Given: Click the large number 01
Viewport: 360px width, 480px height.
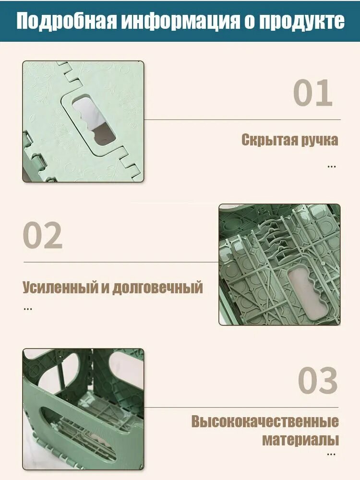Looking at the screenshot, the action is [313, 93].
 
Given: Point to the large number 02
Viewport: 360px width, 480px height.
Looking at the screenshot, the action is [43, 235].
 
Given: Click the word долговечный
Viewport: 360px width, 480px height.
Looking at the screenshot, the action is [157, 288].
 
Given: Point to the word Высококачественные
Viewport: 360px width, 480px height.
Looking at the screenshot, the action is [265, 421].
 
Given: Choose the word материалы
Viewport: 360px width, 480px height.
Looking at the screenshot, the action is [300, 440].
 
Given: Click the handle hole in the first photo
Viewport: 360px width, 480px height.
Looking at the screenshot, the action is [94, 120].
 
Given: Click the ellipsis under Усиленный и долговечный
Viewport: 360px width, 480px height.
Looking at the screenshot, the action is [28, 309].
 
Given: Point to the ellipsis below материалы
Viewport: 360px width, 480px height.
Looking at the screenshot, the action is [331, 455].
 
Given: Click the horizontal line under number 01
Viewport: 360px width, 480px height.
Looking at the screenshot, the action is [242, 120].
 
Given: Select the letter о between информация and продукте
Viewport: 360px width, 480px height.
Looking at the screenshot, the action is [250, 22].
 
